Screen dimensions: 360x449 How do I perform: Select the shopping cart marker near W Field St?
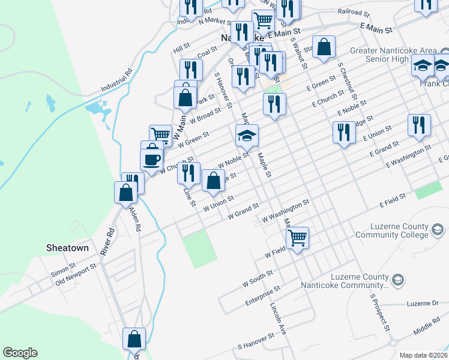tap(298, 238)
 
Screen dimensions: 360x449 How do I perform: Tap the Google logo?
tap(20, 353)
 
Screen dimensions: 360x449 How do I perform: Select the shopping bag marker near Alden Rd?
tap(125, 193)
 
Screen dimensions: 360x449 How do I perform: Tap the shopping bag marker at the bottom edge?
tap(134, 338)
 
